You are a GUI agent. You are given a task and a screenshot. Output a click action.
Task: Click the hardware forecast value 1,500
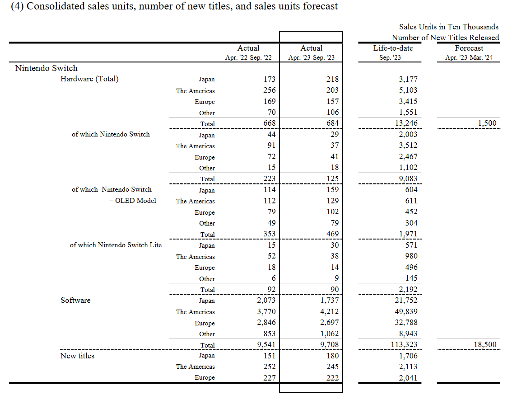pyautogui.click(x=487, y=123)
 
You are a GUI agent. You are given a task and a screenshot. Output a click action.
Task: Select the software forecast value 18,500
pyautogui.click(x=485, y=345)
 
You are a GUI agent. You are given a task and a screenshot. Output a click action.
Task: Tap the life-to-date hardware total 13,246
pyautogui.click(x=406, y=123)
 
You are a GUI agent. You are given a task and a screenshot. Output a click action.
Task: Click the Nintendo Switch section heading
pyautogui.click(x=47, y=68)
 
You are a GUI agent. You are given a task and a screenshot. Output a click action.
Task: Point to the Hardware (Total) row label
pyautogui.click(x=89, y=79)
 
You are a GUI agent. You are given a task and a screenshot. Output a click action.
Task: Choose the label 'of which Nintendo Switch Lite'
pyautogui.click(x=116, y=245)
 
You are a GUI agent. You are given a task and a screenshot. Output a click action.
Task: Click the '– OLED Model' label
pyautogui.click(x=133, y=201)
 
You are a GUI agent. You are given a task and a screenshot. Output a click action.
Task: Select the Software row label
pyautogui.click(x=75, y=300)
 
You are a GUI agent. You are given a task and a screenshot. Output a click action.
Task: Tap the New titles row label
pyautogui.click(x=77, y=356)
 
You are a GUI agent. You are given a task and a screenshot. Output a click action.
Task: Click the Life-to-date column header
pyautogui.click(x=393, y=48)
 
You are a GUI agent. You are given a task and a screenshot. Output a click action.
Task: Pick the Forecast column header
pyautogui.click(x=469, y=48)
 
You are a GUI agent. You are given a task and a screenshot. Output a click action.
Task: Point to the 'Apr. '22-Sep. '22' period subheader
pyautogui.click(x=249, y=57)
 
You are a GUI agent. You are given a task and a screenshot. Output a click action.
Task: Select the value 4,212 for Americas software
pyautogui.click(x=330, y=312)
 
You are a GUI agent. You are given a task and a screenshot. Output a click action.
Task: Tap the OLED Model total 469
pyautogui.click(x=333, y=234)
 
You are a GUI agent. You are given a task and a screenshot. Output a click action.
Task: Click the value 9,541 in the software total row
pyautogui.click(x=266, y=345)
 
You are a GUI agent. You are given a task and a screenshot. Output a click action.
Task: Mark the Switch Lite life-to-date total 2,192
pyautogui.click(x=408, y=290)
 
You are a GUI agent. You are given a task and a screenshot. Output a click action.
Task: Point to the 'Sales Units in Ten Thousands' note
pyautogui.click(x=449, y=27)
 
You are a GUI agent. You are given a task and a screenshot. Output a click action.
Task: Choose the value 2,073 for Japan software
pyautogui.click(x=266, y=300)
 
